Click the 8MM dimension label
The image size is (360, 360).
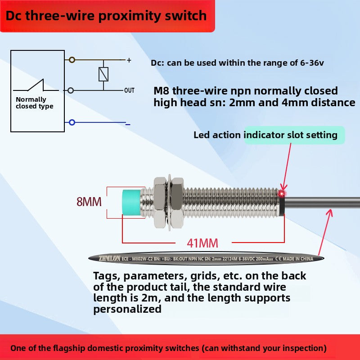tap(89, 202)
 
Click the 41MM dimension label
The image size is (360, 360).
tap(202, 243)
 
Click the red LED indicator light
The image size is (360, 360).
tap(283, 193)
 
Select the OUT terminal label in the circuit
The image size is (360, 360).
tap(129, 90)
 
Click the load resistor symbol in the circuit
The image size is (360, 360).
tap(103, 74)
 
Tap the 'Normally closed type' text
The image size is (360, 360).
tap(34, 103)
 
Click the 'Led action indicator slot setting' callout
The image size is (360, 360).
tap(265, 135)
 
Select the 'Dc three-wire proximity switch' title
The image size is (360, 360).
tap(106, 16)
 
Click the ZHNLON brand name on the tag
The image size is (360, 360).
tap(110, 258)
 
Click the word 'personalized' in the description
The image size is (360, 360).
tap(127, 309)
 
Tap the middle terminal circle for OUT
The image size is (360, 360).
tap(71, 90)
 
